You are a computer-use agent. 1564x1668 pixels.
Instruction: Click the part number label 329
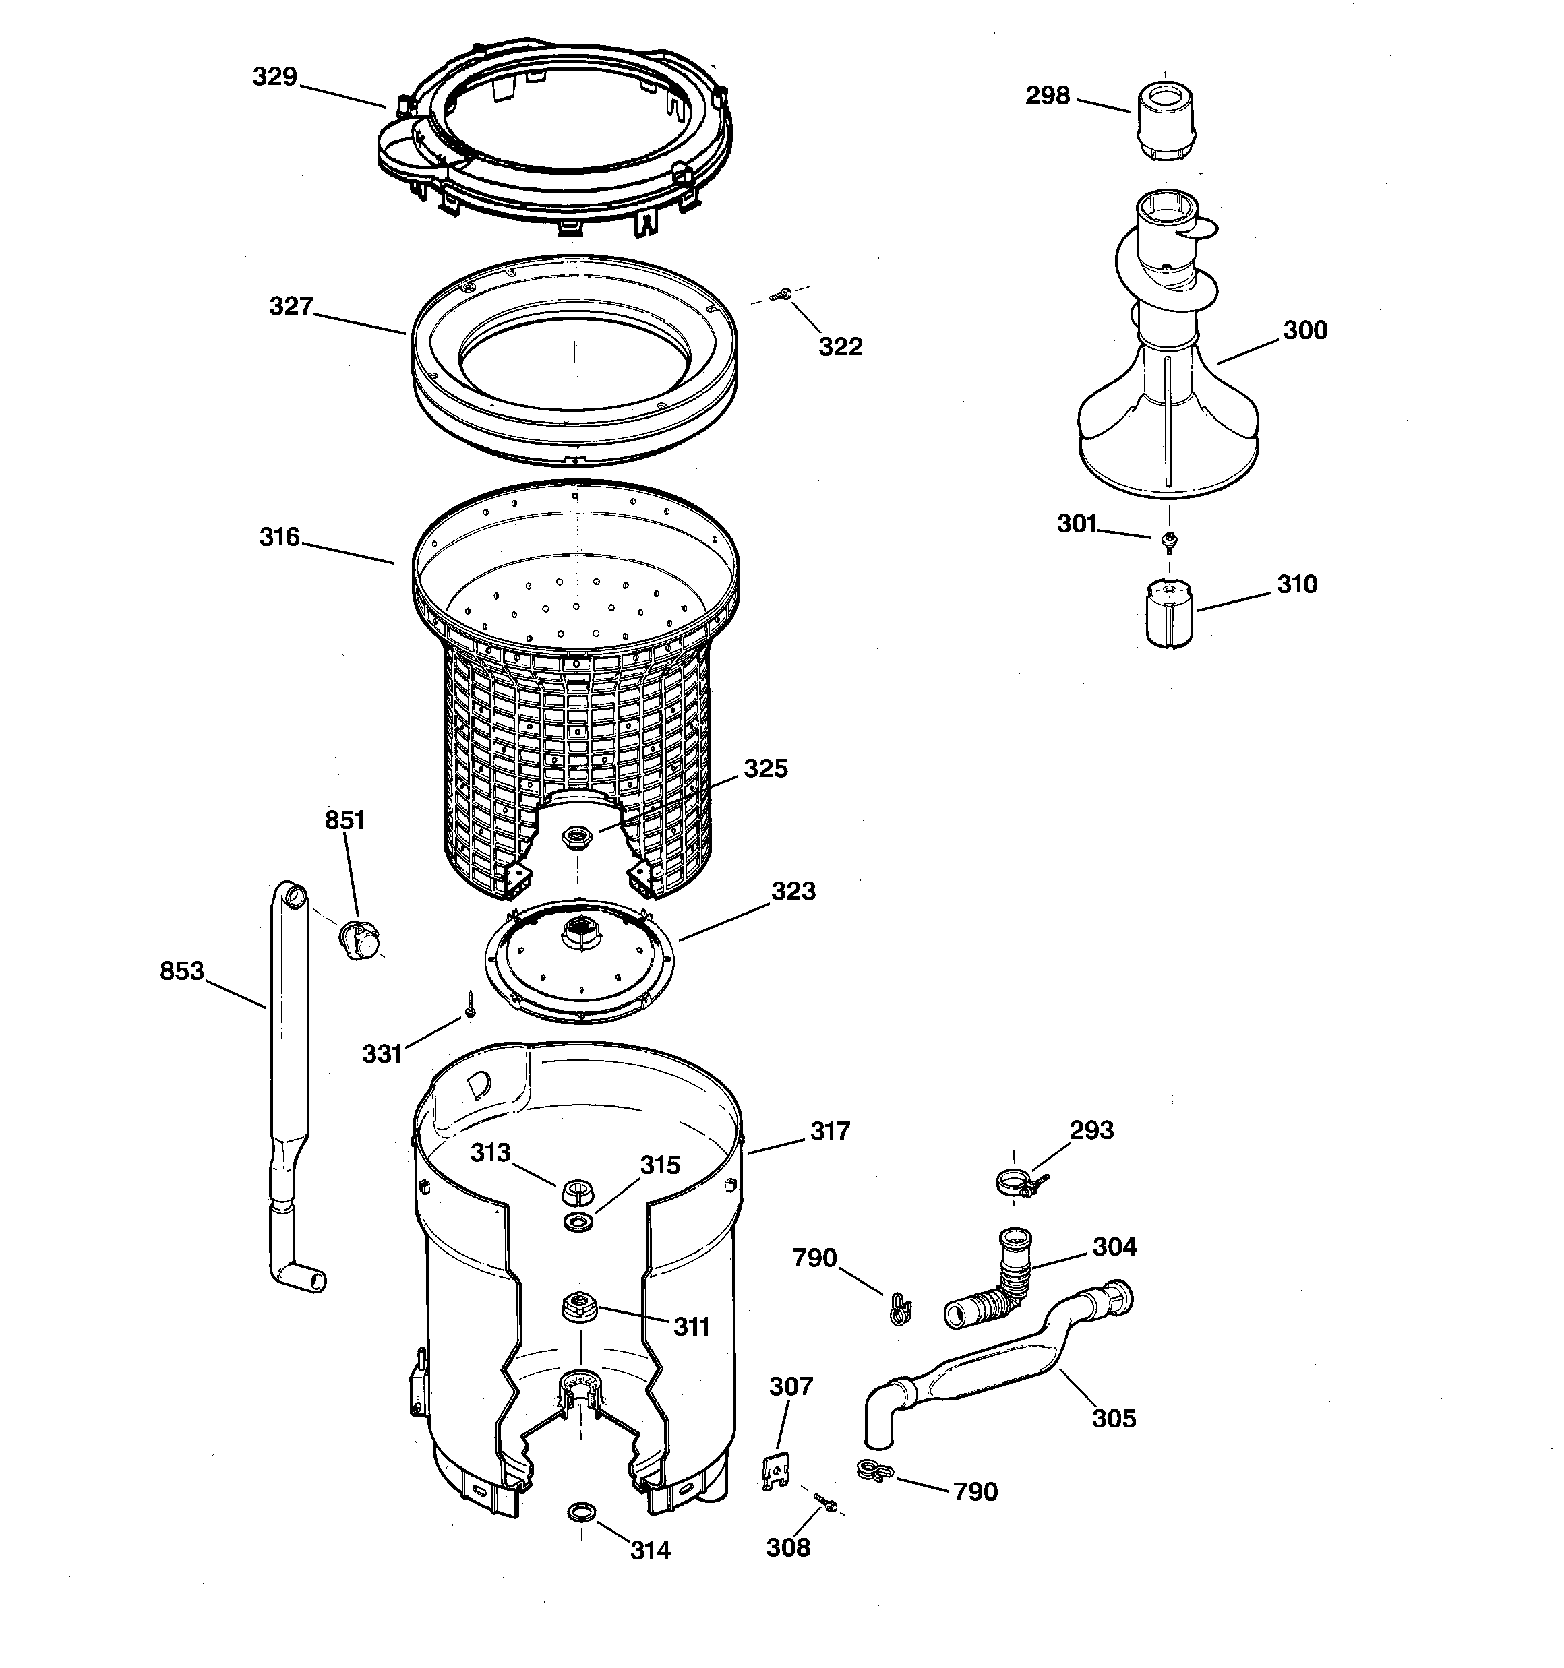click(275, 78)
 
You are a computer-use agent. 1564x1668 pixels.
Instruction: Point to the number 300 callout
click(1304, 331)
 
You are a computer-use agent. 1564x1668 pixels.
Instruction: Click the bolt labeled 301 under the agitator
click(1167, 540)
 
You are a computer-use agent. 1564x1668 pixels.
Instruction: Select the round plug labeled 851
click(359, 939)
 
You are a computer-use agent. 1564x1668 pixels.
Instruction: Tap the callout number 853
click(182, 970)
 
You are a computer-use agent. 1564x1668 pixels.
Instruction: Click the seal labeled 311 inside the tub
click(578, 1306)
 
